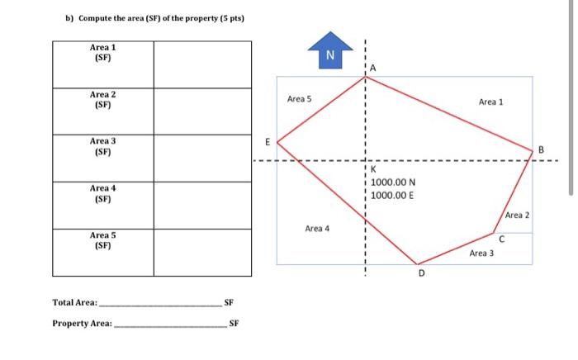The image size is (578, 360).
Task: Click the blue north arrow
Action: click(x=329, y=52)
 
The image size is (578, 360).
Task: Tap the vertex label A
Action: click(x=373, y=68)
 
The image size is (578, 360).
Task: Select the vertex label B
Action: click(x=541, y=149)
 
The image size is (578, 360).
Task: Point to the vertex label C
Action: click(x=501, y=239)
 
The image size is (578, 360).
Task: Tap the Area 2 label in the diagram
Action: click(x=516, y=215)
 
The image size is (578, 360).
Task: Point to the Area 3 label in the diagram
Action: click(x=481, y=253)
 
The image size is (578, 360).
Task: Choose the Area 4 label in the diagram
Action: click(x=317, y=228)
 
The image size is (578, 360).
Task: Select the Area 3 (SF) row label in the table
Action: click(x=102, y=146)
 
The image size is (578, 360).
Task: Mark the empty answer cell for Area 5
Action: click(x=201, y=252)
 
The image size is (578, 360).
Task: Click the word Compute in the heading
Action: click(x=97, y=18)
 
